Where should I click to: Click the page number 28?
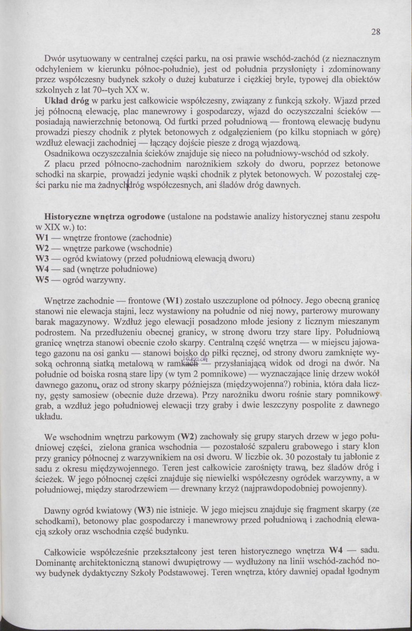[375, 31]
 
